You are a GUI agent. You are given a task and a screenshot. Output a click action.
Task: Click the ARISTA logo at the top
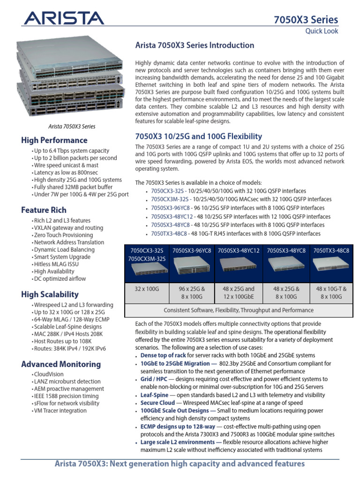(x=64, y=19)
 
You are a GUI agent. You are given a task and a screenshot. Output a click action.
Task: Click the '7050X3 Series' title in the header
(x=306, y=19)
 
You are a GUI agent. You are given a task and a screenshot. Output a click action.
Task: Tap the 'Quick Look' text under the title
(x=322, y=31)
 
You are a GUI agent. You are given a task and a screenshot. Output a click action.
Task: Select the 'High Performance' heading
(x=54, y=140)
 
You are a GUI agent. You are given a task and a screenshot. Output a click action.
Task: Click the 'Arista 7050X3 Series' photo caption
(x=72, y=127)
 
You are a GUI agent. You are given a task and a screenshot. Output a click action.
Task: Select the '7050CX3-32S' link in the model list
(x=167, y=191)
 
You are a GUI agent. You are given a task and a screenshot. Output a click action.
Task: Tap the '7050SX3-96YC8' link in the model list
(x=170, y=208)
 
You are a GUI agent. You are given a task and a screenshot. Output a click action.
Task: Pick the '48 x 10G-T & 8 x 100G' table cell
(x=331, y=293)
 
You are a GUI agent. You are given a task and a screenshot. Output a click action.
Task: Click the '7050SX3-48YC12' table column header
(x=239, y=251)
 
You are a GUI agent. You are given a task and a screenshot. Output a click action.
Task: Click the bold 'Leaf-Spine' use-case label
(x=154, y=395)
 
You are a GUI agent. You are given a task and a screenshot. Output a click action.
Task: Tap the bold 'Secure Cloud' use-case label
(x=158, y=403)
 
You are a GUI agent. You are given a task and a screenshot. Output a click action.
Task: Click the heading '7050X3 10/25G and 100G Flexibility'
(x=198, y=136)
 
